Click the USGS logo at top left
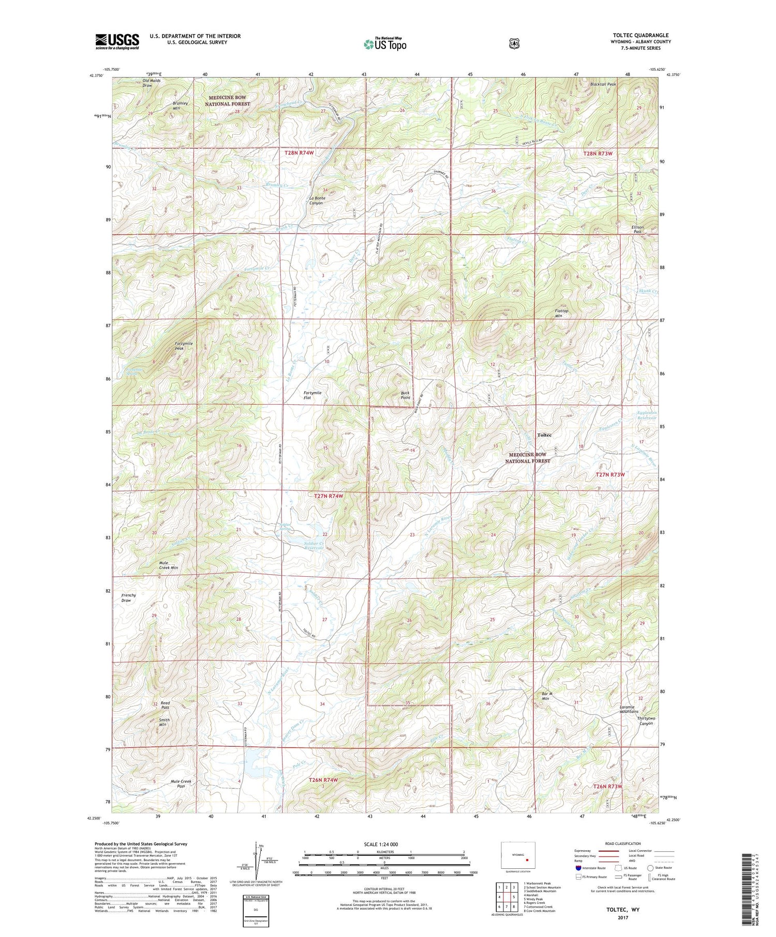[x=117, y=41]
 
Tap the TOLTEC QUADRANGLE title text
[x=640, y=36]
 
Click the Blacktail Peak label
[x=603, y=84]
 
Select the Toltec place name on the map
[x=544, y=435]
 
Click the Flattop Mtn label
[x=561, y=313]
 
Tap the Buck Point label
[x=406, y=395]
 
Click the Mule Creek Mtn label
[x=168, y=565]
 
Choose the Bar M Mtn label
[x=542, y=696]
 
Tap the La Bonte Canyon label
[x=317, y=201]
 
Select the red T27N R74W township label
[x=329, y=496]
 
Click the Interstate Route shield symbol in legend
[x=578, y=868]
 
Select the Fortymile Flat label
[x=312, y=395]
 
